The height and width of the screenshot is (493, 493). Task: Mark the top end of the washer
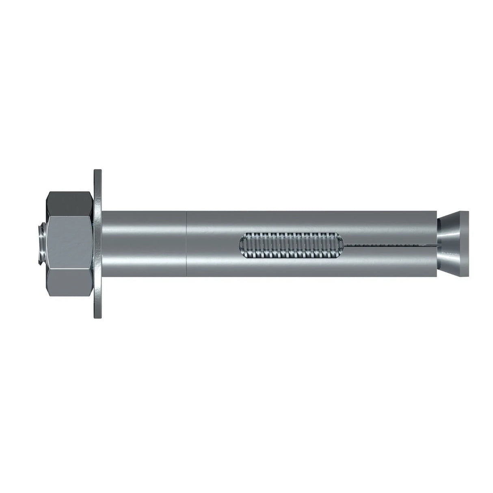point(98,172)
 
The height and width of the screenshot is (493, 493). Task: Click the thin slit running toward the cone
point(390,245)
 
